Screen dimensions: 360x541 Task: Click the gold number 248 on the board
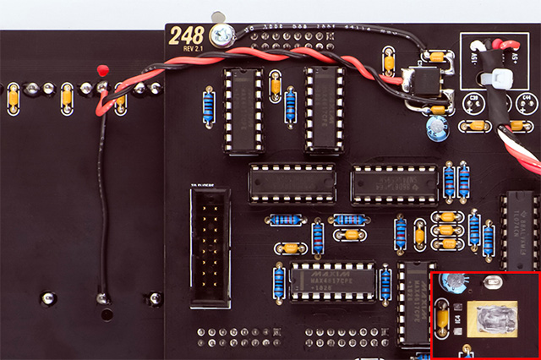186,35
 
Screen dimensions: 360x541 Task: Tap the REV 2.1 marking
192,48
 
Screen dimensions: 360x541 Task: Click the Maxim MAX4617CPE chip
331,280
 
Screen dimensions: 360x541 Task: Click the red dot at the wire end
103,68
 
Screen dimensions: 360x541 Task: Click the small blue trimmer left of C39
436,127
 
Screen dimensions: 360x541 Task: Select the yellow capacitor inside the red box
441,319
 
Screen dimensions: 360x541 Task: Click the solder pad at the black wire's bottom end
101,297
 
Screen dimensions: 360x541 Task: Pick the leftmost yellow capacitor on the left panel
13,98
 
